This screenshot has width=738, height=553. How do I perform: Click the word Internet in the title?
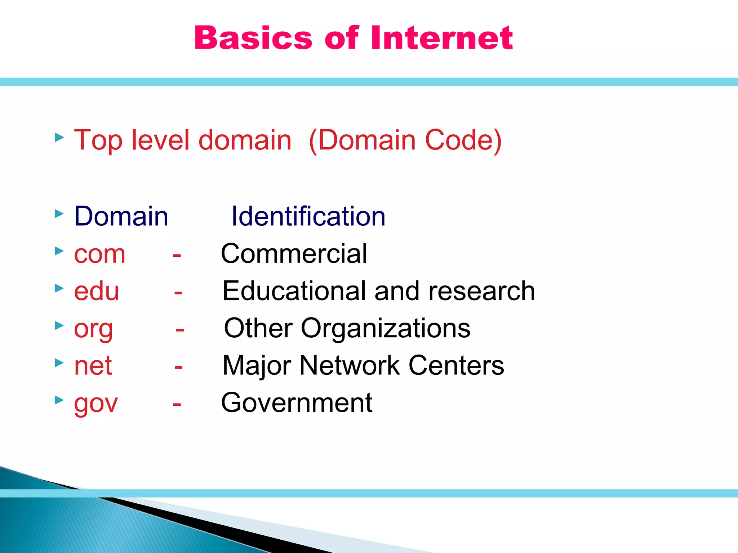[x=441, y=38]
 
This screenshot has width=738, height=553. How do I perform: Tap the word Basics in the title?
[x=253, y=38]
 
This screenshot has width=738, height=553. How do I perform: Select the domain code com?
[x=100, y=254]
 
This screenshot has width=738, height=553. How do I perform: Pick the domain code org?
[x=93, y=329]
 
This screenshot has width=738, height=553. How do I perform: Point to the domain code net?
[x=93, y=365]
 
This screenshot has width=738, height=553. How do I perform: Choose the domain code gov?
[x=96, y=403]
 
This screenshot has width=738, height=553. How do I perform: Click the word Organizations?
[x=386, y=328]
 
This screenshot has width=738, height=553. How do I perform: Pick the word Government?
[x=297, y=403]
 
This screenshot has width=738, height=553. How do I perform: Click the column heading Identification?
[x=308, y=216]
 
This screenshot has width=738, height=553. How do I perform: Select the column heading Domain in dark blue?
[x=121, y=216]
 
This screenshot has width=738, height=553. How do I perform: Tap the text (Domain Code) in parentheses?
[x=405, y=140]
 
